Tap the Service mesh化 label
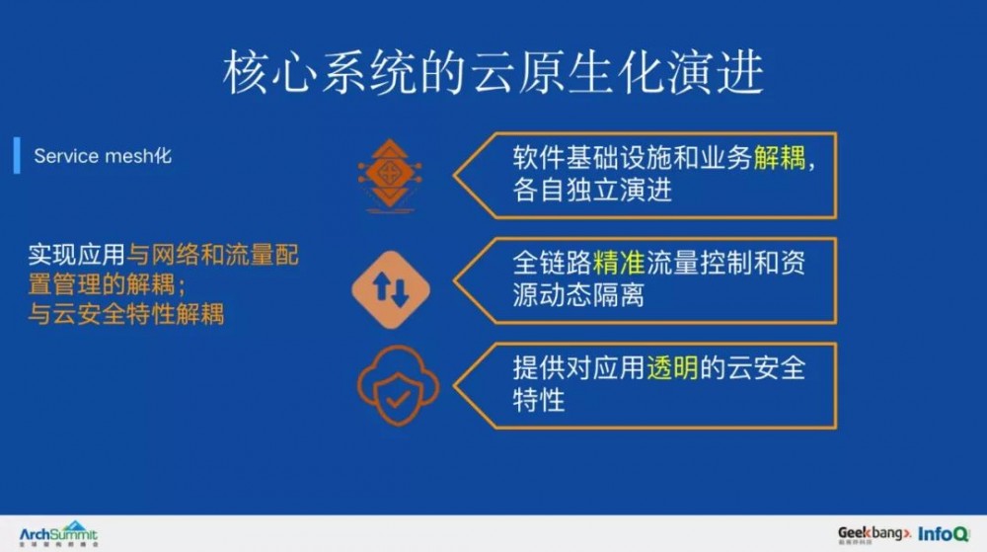click(102, 156)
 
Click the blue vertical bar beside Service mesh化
click(17, 156)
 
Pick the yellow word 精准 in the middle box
click(619, 262)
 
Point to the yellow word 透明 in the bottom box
click(672, 368)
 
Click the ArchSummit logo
click(59, 533)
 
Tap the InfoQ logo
click(944, 533)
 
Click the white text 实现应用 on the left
click(77, 256)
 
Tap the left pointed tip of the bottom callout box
click(457, 385)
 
